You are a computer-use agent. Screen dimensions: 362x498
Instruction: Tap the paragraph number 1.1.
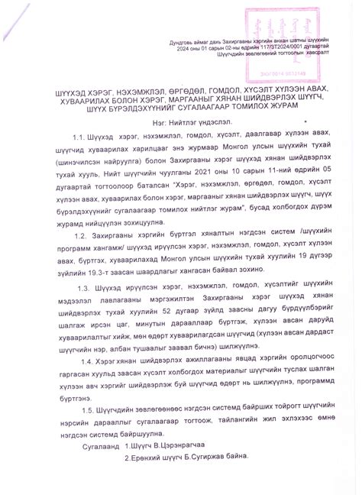click(x=80, y=157)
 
